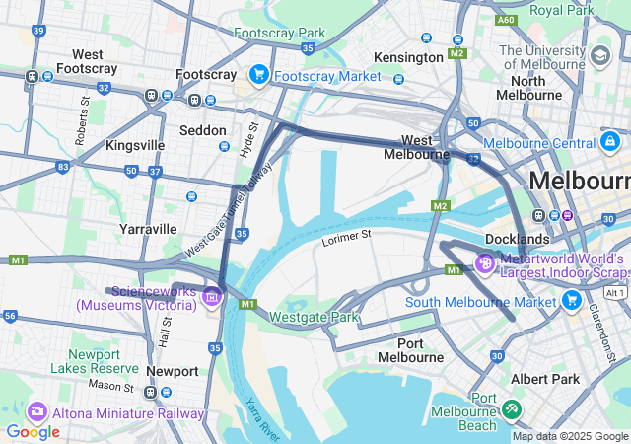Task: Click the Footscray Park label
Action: click(x=279, y=33)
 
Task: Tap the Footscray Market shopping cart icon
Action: click(x=259, y=75)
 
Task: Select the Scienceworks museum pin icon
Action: click(x=210, y=295)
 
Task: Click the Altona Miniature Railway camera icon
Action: click(x=37, y=411)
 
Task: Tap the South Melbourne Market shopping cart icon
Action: click(x=571, y=300)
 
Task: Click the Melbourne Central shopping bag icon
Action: click(x=610, y=143)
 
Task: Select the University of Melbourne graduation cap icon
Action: click(x=600, y=53)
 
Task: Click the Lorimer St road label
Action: click(x=345, y=238)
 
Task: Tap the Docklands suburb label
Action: click(x=517, y=239)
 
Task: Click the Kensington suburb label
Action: click(x=409, y=57)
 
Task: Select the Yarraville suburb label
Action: click(x=148, y=228)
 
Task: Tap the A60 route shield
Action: click(x=506, y=19)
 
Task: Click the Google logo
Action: click(x=33, y=432)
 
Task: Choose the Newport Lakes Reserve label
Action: click(x=95, y=360)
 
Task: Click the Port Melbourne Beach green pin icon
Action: click(x=511, y=407)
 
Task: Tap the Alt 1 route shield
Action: click(x=616, y=293)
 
